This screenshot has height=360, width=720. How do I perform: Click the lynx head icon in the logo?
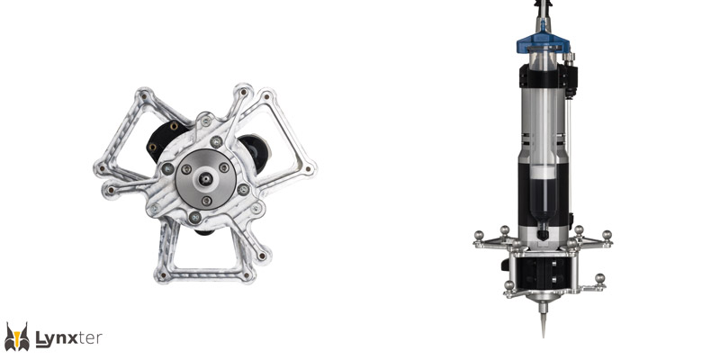17,337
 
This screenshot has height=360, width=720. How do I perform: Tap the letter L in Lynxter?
41,338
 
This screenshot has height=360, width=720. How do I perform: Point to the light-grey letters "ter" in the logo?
90,339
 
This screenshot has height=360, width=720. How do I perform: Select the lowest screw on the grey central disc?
207,200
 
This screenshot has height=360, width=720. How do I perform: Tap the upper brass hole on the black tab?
174,126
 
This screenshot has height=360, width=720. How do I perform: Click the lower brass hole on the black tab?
152,147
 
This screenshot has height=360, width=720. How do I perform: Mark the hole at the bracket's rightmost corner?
308,168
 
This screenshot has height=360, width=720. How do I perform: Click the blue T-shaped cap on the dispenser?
544,43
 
